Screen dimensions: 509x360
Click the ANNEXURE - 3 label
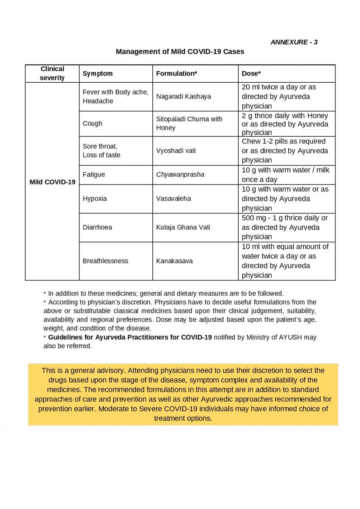point(294,42)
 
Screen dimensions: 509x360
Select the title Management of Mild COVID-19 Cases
point(180,52)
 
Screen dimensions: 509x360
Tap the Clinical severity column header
point(52,73)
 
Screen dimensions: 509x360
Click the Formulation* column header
point(177,73)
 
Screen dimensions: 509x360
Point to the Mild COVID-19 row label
point(52,182)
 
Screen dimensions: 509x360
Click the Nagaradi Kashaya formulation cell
point(183,96)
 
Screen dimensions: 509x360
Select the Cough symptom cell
point(93,123)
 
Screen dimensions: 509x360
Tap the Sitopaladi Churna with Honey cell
point(189,123)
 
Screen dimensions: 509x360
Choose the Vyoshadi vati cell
point(176,151)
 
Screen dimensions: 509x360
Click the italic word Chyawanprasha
point(180,174)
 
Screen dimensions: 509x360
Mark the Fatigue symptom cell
point(94,174)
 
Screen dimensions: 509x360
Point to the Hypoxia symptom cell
point(95,199)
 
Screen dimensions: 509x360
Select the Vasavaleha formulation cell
point(174,199)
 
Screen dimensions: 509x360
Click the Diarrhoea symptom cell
point(97,227)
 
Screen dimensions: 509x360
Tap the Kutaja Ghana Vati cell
point(183,227)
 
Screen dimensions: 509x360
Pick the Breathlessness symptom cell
point(105,261)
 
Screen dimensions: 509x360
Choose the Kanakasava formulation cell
point(174,261)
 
